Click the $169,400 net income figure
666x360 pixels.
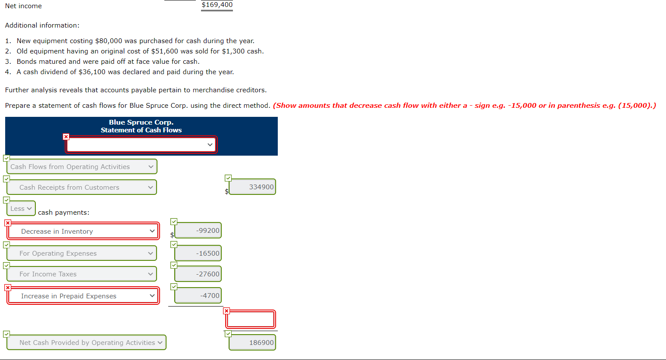tap(217, 5)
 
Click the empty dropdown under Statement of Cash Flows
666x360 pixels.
tap(141, 144)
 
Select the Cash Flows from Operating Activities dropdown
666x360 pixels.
tap(82, 167)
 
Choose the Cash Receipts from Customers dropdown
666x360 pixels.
tap(82, 188)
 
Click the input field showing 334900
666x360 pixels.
tap(252, 187)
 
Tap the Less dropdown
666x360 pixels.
tap(21, 209)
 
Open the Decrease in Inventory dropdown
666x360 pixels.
tap(83, 232)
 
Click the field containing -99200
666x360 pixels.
tap(198, 231)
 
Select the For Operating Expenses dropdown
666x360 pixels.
tap(82, 254)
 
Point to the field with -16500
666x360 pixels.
tap(198, 254)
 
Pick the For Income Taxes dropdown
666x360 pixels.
tap(82, 274)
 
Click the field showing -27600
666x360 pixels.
tap(198, 274)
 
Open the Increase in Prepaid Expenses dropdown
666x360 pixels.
tap(83, 296)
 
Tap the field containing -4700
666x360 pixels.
tap(198, 296)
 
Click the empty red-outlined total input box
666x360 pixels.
tap(250, 319)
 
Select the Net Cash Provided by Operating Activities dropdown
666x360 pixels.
tap(86, 343)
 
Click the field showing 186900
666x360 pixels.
tap(252, 343)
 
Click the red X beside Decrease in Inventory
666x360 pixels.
tap(8, 223)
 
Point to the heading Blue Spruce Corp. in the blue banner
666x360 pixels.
tap(141, 122)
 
